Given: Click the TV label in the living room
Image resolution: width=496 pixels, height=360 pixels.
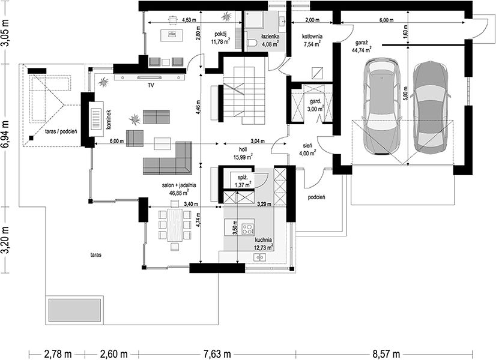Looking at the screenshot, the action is point(151,85).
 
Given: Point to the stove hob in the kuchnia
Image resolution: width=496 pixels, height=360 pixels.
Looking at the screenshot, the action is point(248,229).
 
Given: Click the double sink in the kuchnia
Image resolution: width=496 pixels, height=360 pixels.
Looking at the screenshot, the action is point(260,258).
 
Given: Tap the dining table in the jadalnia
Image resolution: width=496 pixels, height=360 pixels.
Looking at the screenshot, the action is point(175,225).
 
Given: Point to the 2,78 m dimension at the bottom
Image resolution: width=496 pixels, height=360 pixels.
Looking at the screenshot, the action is point(57,353).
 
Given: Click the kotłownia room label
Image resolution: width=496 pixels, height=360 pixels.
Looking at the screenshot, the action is point(312,37).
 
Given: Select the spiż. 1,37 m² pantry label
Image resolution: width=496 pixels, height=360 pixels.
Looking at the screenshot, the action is point(243,181).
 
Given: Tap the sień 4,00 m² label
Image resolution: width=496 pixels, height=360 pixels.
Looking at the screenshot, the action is point(307,149).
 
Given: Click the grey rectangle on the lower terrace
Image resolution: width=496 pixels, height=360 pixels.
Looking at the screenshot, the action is point(74,310).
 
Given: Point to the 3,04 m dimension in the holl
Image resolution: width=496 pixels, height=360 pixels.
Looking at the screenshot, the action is point(258,141).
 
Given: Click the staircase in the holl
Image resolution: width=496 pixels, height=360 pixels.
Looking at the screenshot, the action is point(244,96).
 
